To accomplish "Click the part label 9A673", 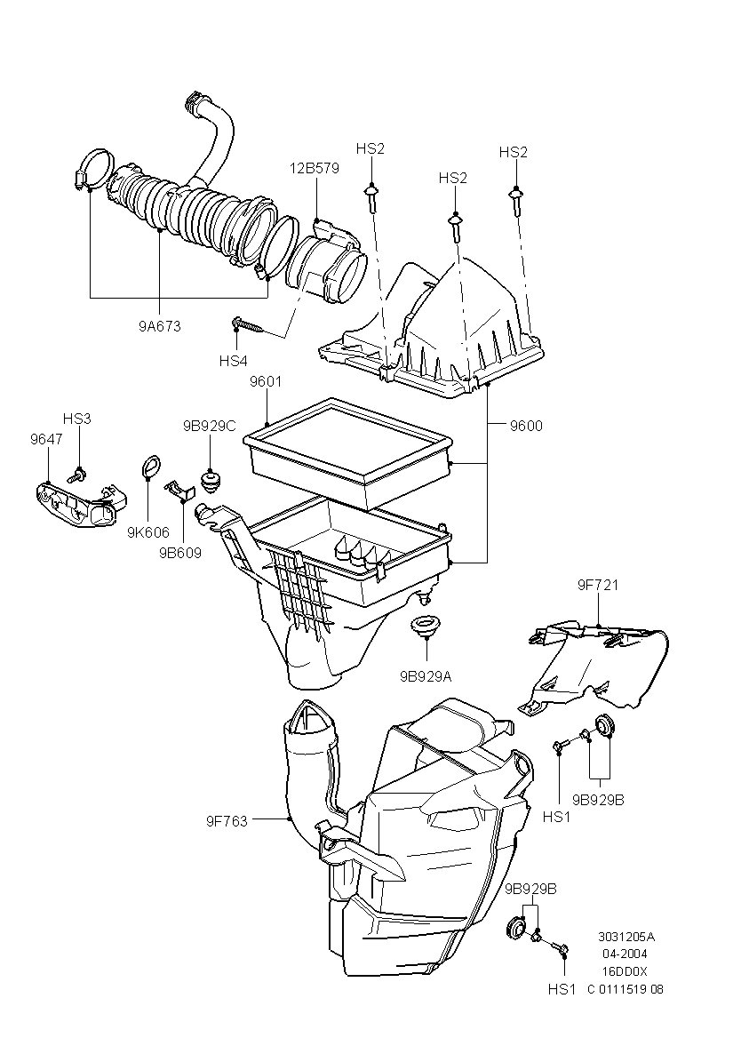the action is [x=160, y=327].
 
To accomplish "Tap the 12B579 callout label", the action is [x=315, y=168].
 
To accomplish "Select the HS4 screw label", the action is [x=233, y=361].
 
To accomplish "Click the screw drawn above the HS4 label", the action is [x=248, y=326].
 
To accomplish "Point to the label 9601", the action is [x=266, y=382].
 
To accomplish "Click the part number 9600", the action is [x=526, y=426].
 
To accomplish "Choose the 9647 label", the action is [x=46, y=440].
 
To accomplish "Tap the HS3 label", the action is [x=76, y=418].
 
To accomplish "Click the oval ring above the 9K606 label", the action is [x=151, y=468].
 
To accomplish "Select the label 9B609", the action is [x=180, y=553].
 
